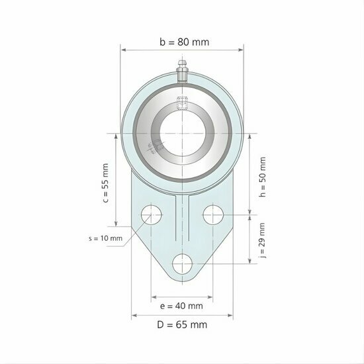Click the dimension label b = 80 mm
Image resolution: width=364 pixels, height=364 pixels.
[x=184, y=42]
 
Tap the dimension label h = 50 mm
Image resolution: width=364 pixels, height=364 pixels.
[x=263, y=177]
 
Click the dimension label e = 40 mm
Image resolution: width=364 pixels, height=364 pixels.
[x=181, y=306]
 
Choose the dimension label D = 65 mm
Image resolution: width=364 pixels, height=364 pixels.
[x=183, y=325]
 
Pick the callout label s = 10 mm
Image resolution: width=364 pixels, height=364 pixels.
[x=105, y=238]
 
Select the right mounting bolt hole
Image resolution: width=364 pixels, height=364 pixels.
[x=213, y=214]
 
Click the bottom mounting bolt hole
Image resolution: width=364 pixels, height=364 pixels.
[x=182, y=263]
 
